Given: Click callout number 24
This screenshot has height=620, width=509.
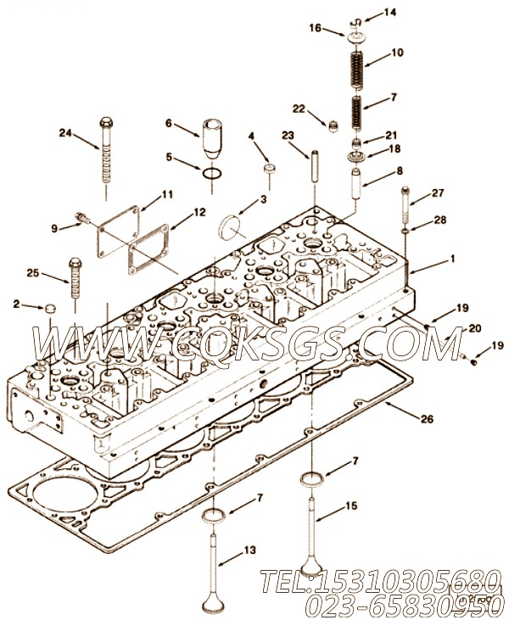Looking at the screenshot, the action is (65, 133).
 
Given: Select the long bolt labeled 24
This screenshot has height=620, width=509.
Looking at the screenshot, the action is (106, 150).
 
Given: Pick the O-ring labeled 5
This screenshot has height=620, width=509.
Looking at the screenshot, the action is (212, 174).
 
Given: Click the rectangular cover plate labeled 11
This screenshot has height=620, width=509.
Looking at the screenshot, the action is (119, 232).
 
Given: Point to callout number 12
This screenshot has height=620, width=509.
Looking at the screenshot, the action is (199, 212).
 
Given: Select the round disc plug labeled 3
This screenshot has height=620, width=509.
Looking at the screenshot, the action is (229, 228).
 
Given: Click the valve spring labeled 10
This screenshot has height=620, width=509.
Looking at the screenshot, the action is (358, 70).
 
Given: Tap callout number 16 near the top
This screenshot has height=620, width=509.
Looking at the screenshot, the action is (316, 28).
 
